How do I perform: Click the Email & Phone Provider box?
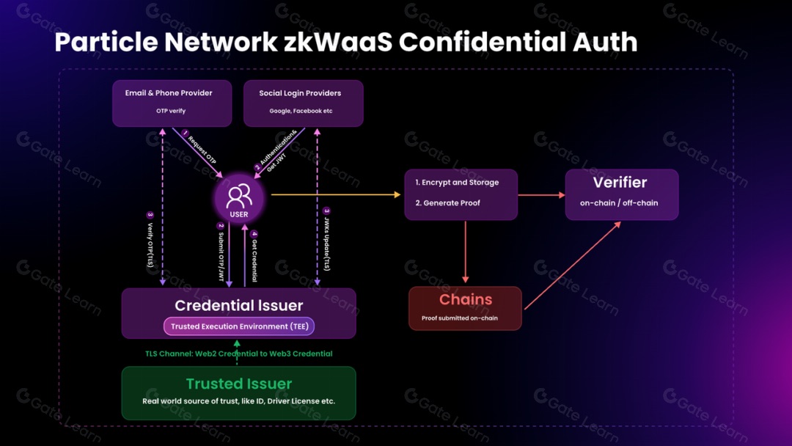(x=172, y=103)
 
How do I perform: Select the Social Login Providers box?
(x=303, y=103)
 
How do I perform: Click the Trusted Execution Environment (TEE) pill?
(x=238, y=326)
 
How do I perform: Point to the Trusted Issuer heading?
(x=238, y=384)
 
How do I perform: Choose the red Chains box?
(x=465, y=308)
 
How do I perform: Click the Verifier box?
(x=621, y=194)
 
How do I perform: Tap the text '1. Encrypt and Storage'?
(x=457, y=183)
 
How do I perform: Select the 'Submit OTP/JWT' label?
(x=220, y=252)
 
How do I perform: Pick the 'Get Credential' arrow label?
(x=254, y=257)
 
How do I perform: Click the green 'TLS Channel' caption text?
(x=238, y=354)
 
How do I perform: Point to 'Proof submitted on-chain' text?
(x=460, y=318)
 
